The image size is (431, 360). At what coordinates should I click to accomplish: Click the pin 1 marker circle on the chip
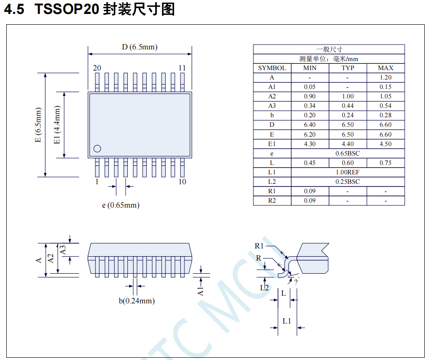(x=97, y=148)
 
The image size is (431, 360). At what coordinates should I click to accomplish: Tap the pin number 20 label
(x=97, y=68)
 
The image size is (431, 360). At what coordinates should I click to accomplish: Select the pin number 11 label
(x=182, y=68)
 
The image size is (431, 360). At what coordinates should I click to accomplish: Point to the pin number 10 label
(x=182, y=182)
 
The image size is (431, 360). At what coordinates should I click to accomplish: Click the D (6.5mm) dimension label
(x=139, y=47)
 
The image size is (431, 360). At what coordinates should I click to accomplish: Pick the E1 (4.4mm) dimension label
(x=57, y=125)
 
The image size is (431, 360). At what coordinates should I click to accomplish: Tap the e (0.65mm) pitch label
(x=121, y=205)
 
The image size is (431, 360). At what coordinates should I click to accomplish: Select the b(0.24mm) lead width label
(x=137, y=301)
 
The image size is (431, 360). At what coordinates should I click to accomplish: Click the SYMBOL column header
(x=272, y=68)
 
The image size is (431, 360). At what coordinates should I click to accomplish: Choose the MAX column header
(x=385, y=68)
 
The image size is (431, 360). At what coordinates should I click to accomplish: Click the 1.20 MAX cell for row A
(x=385, y=77)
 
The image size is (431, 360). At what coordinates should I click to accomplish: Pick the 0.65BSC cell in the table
(x=347, y=153)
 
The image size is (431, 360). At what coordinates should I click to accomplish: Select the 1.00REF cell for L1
(x=347, y=172)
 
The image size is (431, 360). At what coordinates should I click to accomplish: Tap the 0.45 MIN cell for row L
(x=310, y=163)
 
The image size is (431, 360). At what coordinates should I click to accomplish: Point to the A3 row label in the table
(x=272, y=106)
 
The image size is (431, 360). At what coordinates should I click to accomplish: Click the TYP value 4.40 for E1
(x=347, y=144)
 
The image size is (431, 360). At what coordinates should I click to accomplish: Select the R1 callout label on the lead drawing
(x=259, y=246)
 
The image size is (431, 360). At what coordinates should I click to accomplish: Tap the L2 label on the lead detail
(x=265, y=287)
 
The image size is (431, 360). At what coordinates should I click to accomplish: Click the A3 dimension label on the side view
(x=63, y=250)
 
